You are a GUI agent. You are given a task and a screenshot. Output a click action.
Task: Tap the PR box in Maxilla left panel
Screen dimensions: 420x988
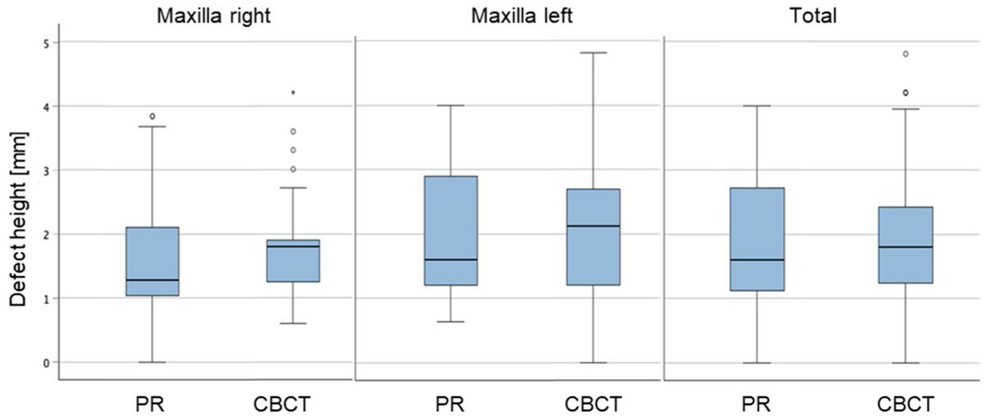tap(450, 231)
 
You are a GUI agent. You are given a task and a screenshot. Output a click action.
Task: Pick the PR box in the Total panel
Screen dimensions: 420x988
tap(757, 239)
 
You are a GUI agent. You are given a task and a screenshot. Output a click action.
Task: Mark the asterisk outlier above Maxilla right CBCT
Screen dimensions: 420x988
tap(292, 93)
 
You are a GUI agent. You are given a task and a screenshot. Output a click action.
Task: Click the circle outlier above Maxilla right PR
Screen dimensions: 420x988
tap(152, 116)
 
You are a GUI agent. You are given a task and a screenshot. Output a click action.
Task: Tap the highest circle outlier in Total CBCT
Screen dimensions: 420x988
tap(906, 54)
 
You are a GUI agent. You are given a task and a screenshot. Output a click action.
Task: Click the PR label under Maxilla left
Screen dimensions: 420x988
tap(450, 404)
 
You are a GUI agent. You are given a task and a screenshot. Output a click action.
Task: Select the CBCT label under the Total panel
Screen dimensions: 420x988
tap(906, 404)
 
